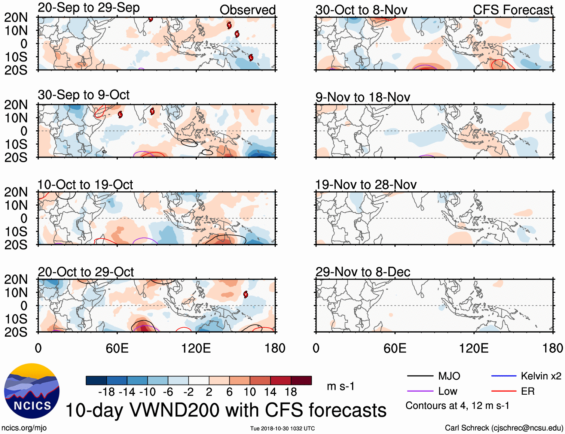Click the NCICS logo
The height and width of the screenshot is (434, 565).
32,391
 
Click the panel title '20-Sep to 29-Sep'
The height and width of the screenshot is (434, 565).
89,8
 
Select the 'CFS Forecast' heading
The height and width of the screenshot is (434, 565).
513,10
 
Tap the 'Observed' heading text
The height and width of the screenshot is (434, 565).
247,10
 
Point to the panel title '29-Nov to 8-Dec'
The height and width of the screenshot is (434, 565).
363,272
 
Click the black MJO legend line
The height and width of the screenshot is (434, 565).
420,376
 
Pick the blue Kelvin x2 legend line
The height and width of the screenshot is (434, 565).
504,376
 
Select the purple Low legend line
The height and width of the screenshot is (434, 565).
420,391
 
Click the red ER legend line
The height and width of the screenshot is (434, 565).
504,391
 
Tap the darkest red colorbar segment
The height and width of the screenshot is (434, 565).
301,380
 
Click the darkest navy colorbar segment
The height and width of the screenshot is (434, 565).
96,380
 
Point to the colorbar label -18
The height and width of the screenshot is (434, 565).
106,392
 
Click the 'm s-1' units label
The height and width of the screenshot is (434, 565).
340,386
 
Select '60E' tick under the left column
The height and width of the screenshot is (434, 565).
117,348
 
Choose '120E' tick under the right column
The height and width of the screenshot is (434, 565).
474,348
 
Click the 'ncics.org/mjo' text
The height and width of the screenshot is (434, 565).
24,428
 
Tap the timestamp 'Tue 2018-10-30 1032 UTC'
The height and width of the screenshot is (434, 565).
282,428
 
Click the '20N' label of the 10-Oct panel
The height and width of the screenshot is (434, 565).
16,192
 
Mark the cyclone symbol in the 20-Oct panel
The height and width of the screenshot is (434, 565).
245,294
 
